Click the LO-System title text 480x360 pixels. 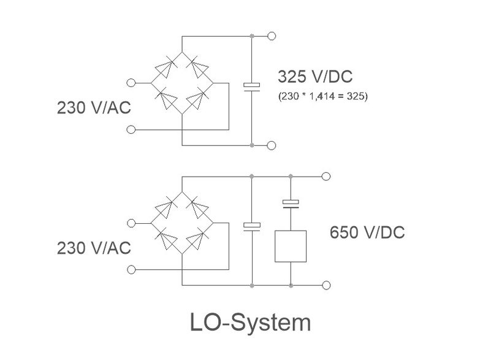pyautogui.click(x=250, y=323)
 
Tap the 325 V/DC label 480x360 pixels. pyautogui.click(x=315, y=78)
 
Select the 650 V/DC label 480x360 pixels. pyautogui.click(x=367, y=233)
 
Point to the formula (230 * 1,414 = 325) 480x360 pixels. pyautogui.click(x=322, y=96)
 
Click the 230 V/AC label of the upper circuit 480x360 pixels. pyautogui.click(x=94, y=108)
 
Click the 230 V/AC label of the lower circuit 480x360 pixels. pyautogui.click(x=94, y=248)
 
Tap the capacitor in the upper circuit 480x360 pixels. pyautogui.click(x=252, y=85)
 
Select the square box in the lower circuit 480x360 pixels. pyautogui.click(x=291, y=247)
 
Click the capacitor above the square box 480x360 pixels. pyautogui.click(x=291, y=202)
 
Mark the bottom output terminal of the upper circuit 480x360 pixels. pyautogui.click(x=272, y=145)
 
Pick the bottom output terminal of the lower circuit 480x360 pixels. pyautogui.click(x=326, y=285)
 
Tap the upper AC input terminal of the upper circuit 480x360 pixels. pyautogui.click(x=130, y=82)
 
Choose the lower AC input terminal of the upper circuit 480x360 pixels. pyautogui.click(x=130, y=129)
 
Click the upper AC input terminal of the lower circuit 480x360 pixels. pyautogui.click(x=130, y=223)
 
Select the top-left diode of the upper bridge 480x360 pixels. pyautogui.click(x=166, y=67)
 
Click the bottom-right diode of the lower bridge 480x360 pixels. pyautogui.click(x=198, y=239)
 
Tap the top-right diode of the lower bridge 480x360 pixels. pyautogui.click(x=198, y=207)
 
